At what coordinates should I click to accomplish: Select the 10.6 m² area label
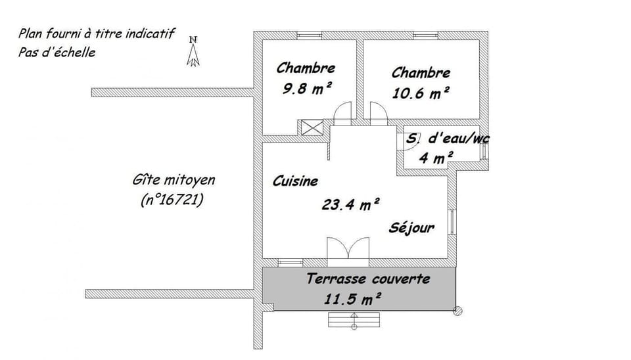(421, 93)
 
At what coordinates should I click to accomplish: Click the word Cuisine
(295, 181)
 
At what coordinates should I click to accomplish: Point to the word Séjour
(411, 228)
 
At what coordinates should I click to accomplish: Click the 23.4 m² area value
(350, 204)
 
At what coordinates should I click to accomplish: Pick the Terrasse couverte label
(368, 279)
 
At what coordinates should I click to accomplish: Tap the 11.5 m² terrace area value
(353, 299)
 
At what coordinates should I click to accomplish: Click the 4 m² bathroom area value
(436, 157)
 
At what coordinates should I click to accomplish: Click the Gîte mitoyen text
(173, 180)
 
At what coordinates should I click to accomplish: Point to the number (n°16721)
(172, 200)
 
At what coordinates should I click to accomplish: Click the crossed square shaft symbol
(312, 127)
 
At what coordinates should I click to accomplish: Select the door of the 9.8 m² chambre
(342, 114)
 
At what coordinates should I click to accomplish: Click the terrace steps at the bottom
(354, 319)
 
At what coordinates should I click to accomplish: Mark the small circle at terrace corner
(457, 310)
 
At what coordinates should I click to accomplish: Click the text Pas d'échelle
(57, 53)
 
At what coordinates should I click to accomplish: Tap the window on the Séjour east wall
(452, 222)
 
